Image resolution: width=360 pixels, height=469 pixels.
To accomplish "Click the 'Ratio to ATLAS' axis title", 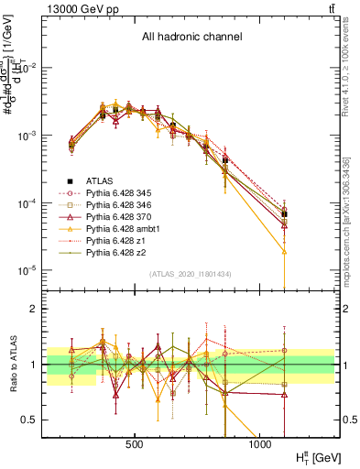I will tap(11, 364).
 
